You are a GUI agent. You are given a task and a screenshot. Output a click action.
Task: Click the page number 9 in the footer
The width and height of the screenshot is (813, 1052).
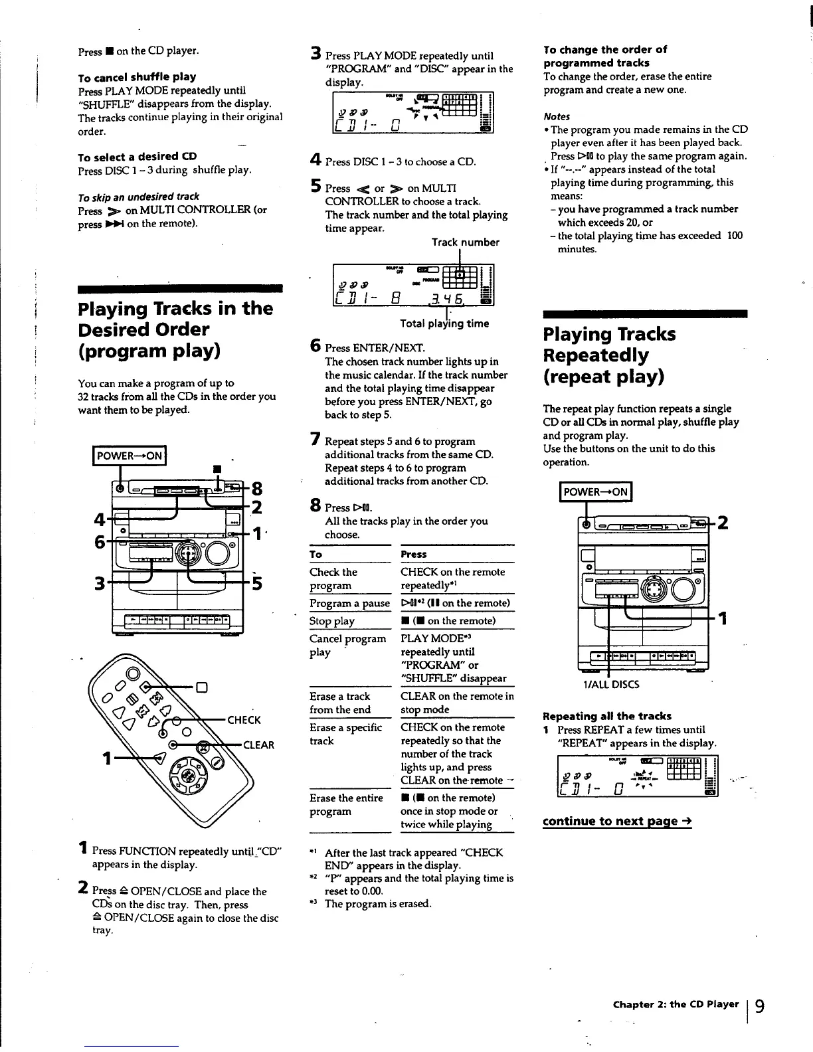759,1006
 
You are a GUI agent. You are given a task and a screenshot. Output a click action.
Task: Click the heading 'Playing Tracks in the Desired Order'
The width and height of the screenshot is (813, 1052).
175,329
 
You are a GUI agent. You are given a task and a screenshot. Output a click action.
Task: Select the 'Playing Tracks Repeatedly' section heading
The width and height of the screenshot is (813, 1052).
609,355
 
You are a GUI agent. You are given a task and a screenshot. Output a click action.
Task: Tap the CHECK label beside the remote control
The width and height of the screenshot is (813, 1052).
244,720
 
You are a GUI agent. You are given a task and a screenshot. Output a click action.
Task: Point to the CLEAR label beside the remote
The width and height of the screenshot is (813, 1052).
258,745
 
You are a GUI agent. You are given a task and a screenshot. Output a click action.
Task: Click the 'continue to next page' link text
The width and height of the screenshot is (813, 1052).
617,821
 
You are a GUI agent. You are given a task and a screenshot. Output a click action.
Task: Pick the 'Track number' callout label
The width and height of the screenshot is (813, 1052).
465,242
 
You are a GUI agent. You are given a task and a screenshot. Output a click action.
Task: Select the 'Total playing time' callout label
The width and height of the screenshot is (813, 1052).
444,324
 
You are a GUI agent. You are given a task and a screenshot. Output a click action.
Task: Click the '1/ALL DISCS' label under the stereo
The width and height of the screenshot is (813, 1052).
610,685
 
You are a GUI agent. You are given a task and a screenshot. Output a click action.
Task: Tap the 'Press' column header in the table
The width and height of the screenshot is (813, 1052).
414,555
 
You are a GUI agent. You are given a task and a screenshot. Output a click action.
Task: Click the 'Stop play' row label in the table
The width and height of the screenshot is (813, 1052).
332,621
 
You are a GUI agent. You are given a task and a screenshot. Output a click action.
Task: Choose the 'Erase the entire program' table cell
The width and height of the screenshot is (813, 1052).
346,804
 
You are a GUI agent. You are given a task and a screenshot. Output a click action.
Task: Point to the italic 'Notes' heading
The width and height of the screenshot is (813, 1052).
557,116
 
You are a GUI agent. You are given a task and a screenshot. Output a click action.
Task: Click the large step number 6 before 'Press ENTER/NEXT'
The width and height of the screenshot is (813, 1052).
316,346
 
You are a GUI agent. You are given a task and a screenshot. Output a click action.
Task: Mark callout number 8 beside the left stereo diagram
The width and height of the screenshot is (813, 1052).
256,490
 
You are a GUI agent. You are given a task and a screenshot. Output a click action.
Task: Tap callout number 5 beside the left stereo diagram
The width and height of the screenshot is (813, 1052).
257,583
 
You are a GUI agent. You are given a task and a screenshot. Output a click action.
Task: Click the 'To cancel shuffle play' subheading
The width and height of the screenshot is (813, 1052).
137,77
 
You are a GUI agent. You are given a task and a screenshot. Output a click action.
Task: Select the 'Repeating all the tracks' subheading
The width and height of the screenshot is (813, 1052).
607,716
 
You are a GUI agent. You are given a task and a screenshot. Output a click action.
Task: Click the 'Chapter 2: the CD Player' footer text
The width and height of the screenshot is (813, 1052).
676,1004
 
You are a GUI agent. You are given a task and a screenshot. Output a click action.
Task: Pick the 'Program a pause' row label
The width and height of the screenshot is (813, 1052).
349,603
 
